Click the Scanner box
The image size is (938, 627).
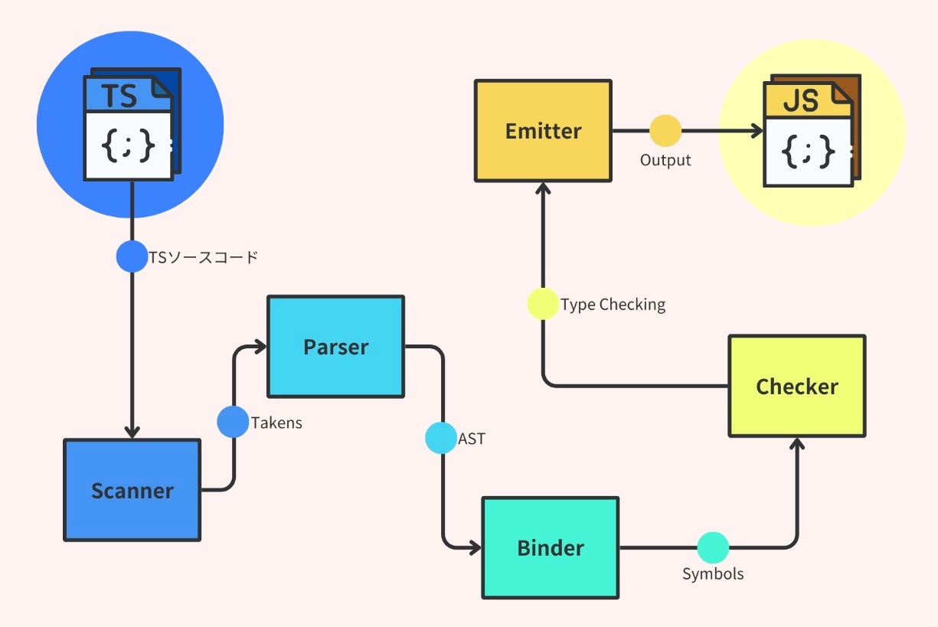(x=132, y=490)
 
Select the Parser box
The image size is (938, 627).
(x=335, y=347)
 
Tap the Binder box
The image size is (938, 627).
(x=551, y=547)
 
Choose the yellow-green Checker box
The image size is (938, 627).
(x=796, y=386)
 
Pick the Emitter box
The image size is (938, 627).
(x=543, y=131)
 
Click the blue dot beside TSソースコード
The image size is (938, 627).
(x=132, y=256)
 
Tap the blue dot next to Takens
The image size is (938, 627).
(x=233, y=422)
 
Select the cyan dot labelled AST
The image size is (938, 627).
(x=441, y=438)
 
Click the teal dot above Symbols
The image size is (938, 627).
(x=713, y=547)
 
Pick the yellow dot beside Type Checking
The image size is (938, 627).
(x=543, y=304)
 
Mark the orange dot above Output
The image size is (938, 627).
(x=665, y=131)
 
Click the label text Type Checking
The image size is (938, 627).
(x=613, y=305)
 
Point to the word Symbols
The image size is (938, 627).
(x=713, y=573)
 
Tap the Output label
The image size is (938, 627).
(x=665, y=160)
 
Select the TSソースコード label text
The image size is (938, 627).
(x=204, y=257)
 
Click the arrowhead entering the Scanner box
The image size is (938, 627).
(x=132, y=432)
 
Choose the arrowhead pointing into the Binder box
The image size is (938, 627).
(x=474, y=547)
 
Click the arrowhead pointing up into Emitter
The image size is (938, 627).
(x=543, y=188)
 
